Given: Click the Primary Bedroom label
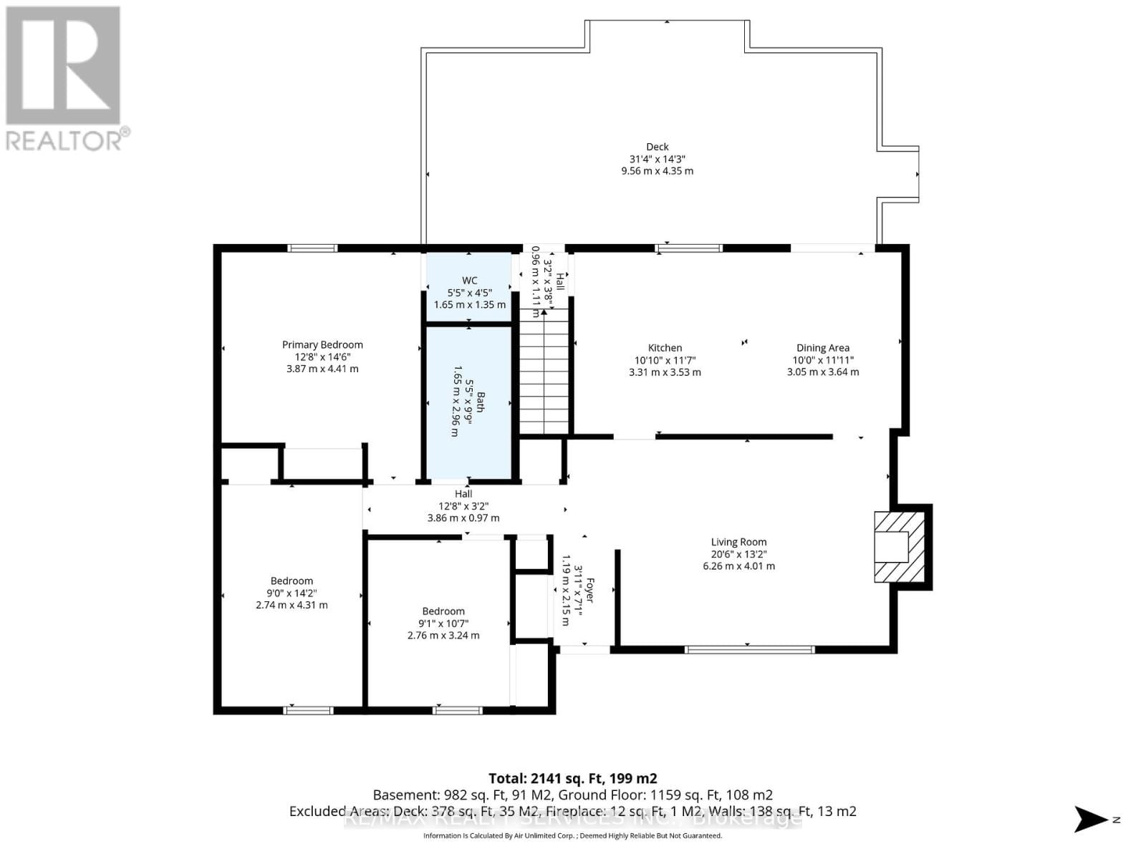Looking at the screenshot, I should [x=322, y=344].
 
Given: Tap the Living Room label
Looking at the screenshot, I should [x=738, y=542].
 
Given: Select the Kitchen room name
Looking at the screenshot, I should [x=665, y=348].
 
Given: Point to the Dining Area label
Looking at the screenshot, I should [x=822, y=348].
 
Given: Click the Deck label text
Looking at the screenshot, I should [x=657, y=147].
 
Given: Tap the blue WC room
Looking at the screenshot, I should [x=469, y=286].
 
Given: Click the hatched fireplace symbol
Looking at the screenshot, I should [x=900, y=547].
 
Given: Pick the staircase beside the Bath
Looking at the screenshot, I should [x=544, y=376].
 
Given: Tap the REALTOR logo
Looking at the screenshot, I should [x=64, y=79].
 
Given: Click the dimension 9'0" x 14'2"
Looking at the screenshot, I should [x=292, y=593].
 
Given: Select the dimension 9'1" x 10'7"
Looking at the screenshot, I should [x=443, y=623].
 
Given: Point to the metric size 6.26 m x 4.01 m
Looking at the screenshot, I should [x=738, y=566].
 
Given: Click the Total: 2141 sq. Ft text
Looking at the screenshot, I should [x=572, y=778].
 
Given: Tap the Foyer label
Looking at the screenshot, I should [x=591, y=591].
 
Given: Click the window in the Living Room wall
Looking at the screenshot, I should [x=749, y=649].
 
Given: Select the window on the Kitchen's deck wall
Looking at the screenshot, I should [x=688, y=248].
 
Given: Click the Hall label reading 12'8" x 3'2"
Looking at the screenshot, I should [x=463, y=505].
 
